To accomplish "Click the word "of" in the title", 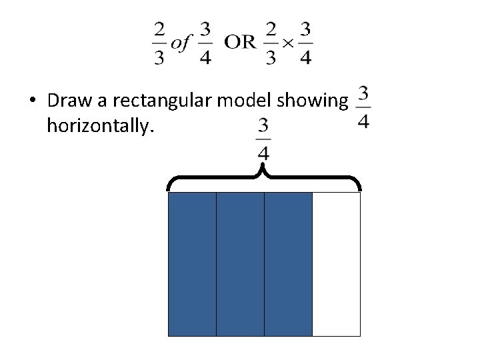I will coord(181,43).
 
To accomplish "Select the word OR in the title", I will coord(240,43).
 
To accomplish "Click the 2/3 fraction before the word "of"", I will coord(159,43).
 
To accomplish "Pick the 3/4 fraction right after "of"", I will coord(205,43).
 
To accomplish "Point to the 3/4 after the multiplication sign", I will coord(306,43).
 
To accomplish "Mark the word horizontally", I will coord(100,125).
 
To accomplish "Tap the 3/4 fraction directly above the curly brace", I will coord(263,139).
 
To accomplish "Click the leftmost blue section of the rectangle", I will coord(192,264).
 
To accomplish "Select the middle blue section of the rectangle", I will coord(240,264).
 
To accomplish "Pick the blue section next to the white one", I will coord(288,264).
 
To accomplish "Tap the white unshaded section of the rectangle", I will coord(336,264).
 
